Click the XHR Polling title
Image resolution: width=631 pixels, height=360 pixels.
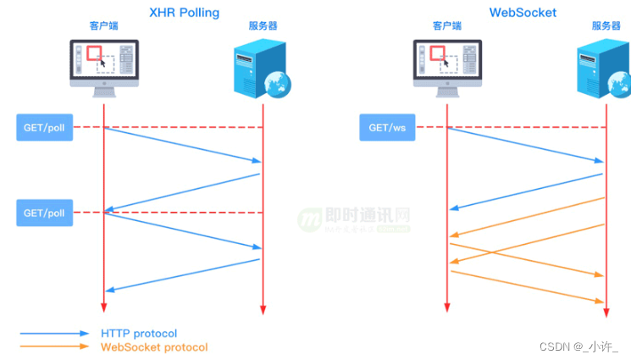click(184, 13)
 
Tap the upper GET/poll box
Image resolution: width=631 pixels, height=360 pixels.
click(44, 128)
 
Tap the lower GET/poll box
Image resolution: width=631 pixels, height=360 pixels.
click(44, 213)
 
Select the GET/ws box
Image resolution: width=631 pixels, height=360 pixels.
click(388, 128)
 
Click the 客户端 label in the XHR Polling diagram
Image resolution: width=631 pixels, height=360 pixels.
click(103, 26)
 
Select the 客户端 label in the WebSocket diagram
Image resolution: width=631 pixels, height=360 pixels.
click(447, 26)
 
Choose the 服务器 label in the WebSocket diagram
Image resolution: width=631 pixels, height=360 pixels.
click(606, 26)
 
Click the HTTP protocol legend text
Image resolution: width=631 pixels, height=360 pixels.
click(139, 334)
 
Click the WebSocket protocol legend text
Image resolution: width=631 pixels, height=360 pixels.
click(153, 347)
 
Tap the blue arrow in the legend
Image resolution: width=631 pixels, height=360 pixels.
click(54, 334)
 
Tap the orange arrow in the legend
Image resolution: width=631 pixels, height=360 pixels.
click(54, 346)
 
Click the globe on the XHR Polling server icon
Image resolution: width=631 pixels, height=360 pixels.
click(277, 83)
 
